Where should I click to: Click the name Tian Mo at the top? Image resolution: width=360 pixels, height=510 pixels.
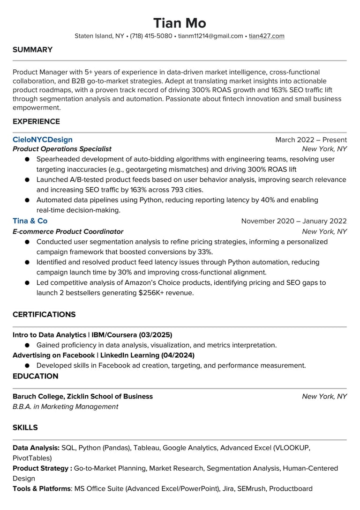tap(180, 23)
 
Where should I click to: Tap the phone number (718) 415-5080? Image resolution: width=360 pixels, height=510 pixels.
tap(151, 36)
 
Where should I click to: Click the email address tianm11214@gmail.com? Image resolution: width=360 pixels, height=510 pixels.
tap(210, 36)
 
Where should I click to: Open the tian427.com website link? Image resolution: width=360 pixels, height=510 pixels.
tap(266, 36)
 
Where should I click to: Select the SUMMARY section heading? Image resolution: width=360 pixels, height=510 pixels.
tap(32, 50)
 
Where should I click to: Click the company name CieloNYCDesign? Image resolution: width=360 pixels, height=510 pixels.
tap(43, 140)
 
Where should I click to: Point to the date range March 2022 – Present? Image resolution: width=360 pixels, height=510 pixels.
tap(311, 140)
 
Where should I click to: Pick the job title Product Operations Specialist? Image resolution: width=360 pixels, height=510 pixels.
tap(62, 149)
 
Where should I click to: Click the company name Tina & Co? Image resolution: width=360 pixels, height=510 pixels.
tap(30, 221)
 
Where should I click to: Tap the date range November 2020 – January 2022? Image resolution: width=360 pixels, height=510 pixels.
tap(294, 221)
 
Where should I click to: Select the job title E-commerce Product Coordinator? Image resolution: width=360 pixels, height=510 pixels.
tap(68, 231)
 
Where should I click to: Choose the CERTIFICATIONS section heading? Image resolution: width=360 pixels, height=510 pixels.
tap(44, 314)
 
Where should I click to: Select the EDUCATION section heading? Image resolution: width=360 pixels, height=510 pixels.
tap(36, 376)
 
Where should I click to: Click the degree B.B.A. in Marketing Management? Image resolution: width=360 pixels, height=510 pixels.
tap(65, 407)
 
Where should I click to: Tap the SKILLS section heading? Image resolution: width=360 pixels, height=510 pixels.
tap(25, 428)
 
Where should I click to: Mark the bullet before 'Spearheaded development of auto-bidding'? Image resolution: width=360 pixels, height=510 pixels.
tap(27, 159)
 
